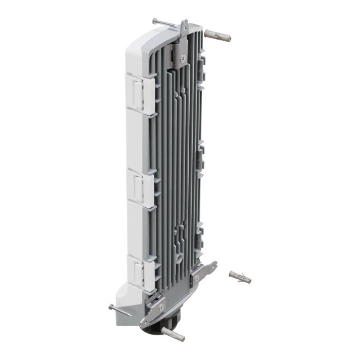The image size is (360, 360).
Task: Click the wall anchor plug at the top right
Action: pos(218,35)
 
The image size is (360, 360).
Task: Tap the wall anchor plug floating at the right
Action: pos(240,277)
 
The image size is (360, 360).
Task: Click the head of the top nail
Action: pos(154,21)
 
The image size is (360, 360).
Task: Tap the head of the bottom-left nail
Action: pos(111,307)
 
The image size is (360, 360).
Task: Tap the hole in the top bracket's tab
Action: pos(184,26)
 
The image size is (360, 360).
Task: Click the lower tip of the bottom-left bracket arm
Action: pos(145,323)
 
